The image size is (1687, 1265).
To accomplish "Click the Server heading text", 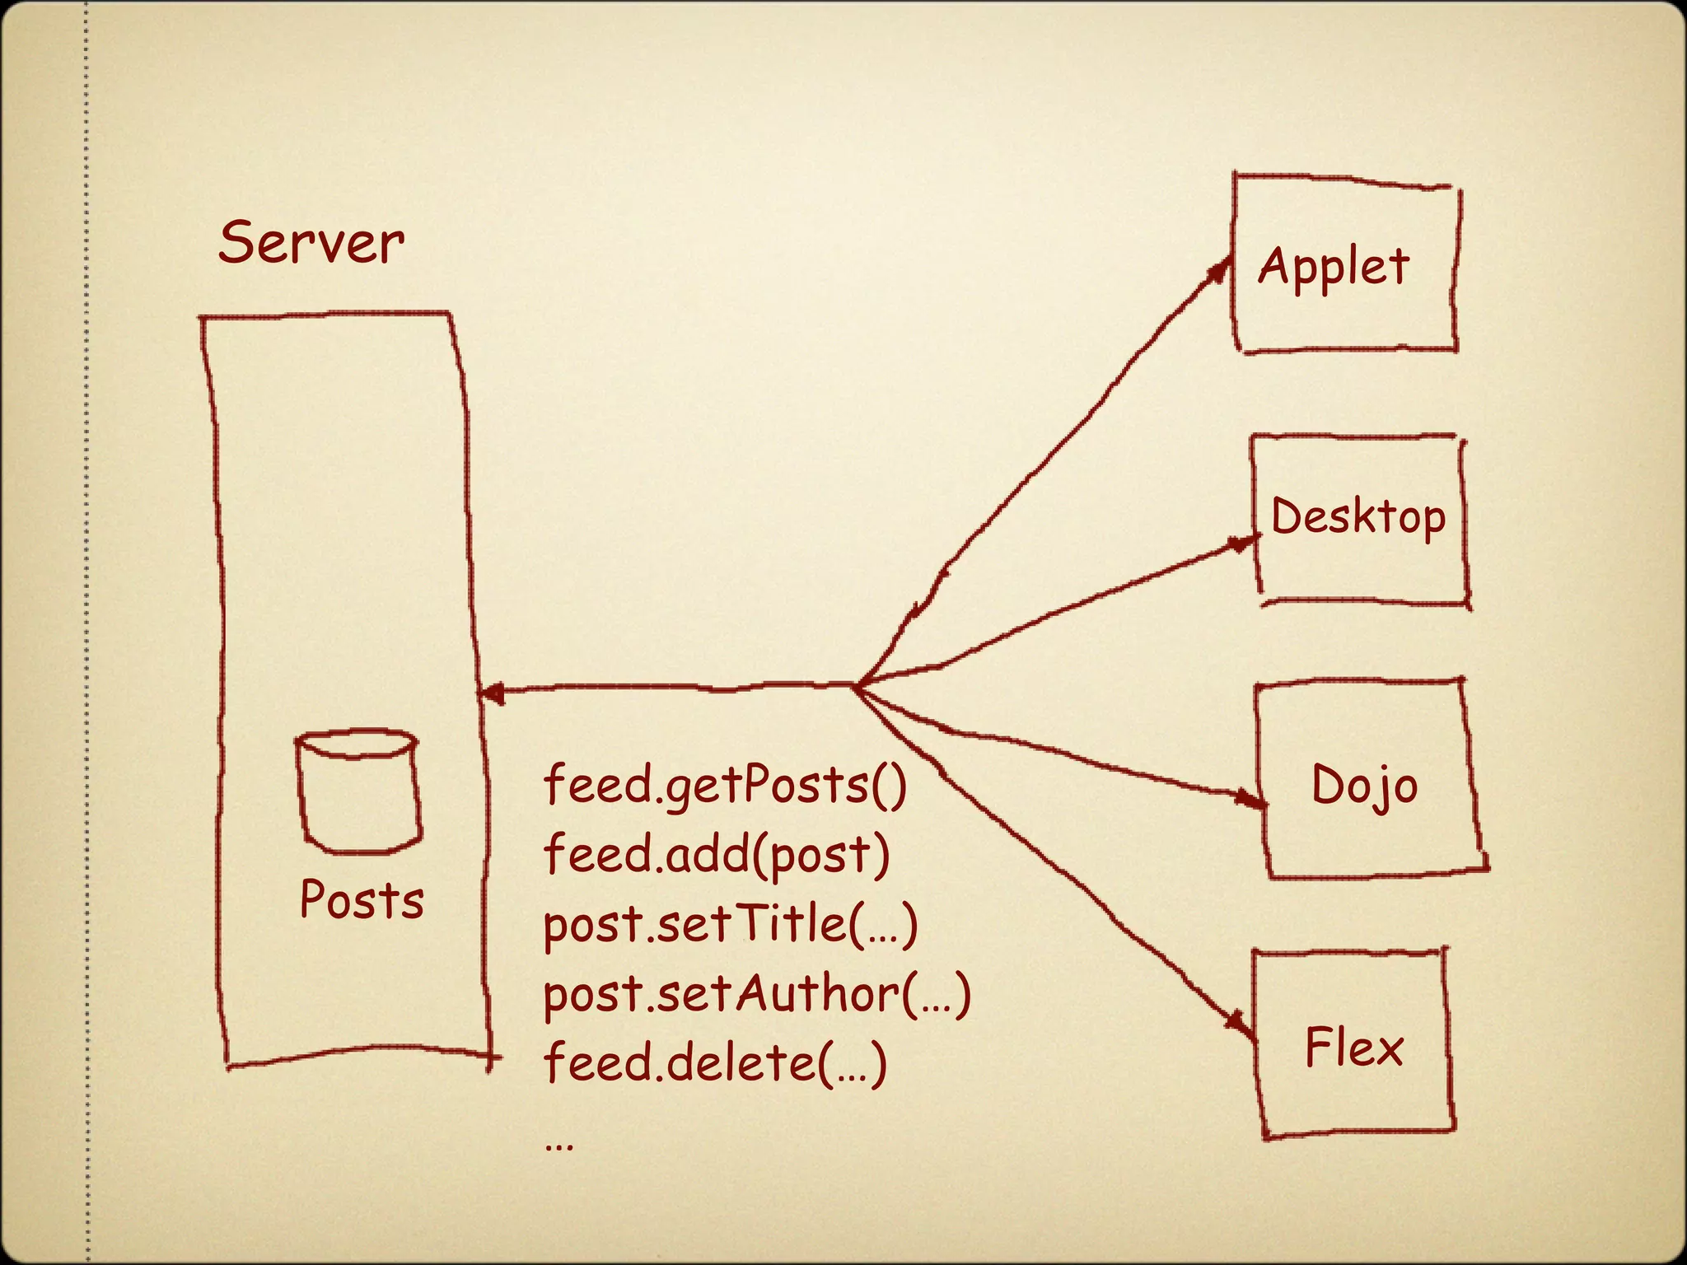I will [311, 244].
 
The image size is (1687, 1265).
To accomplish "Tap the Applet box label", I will [1334, 268].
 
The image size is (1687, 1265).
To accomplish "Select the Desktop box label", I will [1358, 517].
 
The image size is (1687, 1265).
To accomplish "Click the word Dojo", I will [1364, 785].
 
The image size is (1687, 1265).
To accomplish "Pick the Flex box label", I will [1353, 1048].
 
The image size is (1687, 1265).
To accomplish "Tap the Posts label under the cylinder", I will [362, 899].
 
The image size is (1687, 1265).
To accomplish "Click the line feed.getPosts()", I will [725, 785].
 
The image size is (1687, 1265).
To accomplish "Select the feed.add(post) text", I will [717, 854].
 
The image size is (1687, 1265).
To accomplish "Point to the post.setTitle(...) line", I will [730, 924].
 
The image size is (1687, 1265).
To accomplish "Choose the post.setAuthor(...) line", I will [756, 994].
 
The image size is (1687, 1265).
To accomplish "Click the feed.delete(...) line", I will [715, 1063].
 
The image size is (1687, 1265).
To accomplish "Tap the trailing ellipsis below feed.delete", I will [559, 1145].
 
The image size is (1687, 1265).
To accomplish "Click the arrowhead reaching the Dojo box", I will [1250, 798].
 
